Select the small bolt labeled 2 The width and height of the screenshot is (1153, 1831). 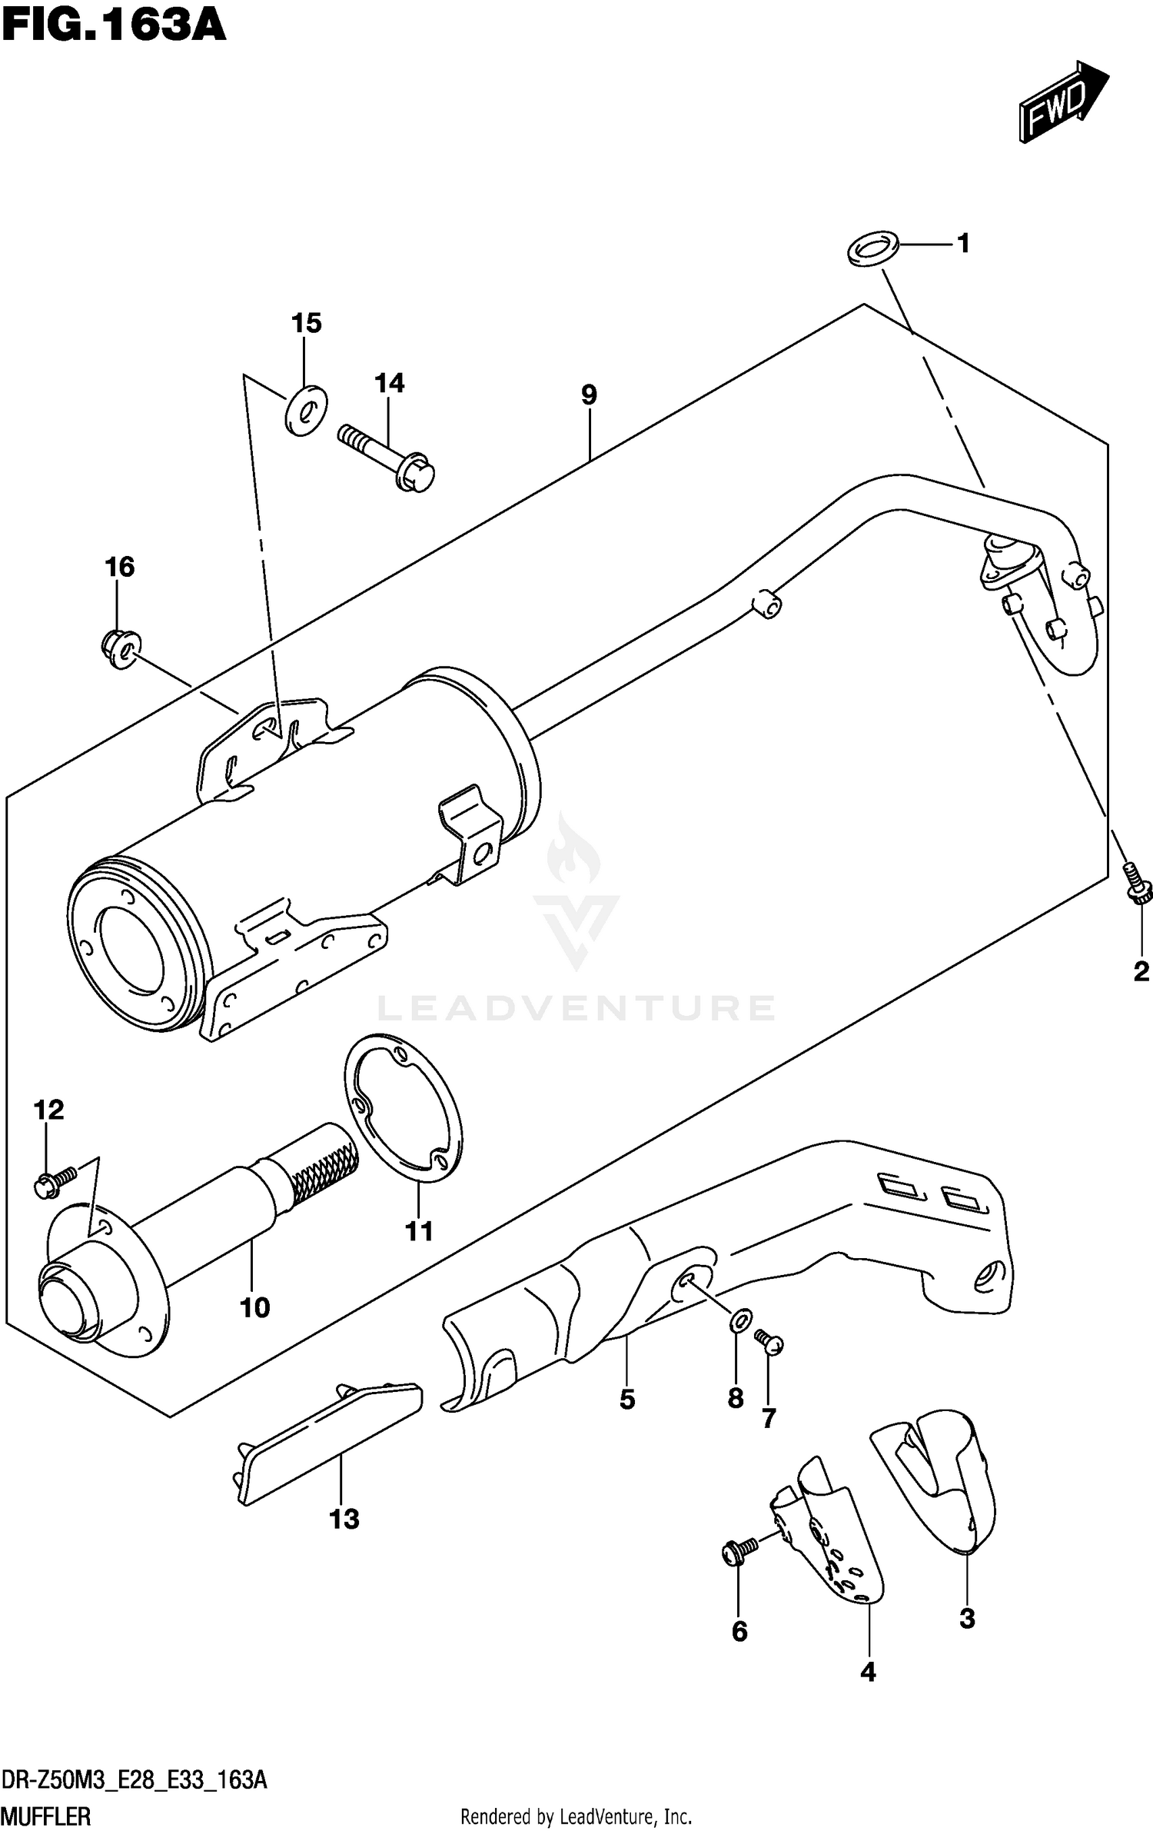(1136, 884)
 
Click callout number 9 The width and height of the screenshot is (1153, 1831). (588, 395)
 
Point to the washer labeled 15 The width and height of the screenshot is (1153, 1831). (306, 411)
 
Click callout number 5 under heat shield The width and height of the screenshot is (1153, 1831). (627, 1400)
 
